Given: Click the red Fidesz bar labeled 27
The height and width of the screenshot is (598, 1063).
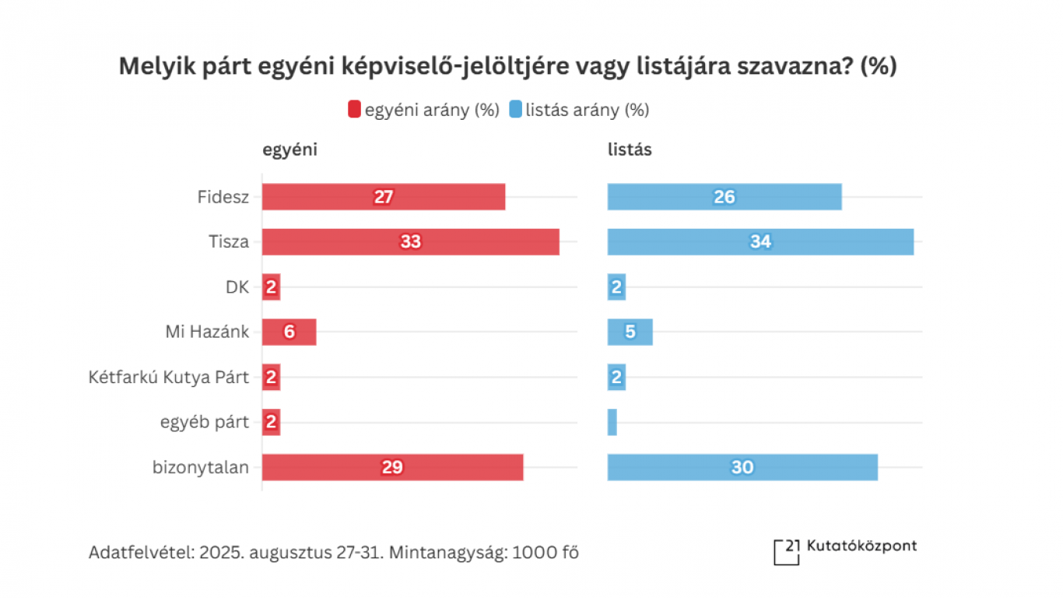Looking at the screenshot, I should tap(383, 197).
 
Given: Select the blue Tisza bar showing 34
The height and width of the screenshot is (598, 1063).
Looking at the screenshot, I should tap(760, 242).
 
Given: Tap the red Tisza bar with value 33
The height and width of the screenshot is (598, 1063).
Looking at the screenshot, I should tap(410, 242).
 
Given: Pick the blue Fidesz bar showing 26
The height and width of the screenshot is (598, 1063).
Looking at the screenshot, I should tap(724, 197).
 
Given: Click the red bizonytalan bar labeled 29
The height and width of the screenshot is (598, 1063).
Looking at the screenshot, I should tap(392, 467).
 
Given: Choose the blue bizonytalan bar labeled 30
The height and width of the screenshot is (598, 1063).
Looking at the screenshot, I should tap(742, 467).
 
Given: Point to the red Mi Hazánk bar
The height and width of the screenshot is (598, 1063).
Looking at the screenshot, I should tap(289, 332).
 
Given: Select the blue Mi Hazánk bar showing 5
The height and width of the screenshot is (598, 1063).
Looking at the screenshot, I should tap(630, 332).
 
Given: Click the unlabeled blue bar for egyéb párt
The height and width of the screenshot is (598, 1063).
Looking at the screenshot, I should tap(612, 422).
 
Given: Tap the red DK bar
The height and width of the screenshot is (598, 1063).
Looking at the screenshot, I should tap(271, 287).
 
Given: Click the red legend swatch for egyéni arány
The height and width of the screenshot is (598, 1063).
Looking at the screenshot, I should tap(354, 110).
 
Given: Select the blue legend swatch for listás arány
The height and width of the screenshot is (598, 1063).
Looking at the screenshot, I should tap(515, 110).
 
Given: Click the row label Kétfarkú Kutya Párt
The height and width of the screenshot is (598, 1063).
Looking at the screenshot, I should tap(169, 378).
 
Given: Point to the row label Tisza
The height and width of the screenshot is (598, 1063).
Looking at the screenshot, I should tap(229, 242).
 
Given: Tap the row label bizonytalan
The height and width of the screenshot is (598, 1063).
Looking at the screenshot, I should tap(201, 467).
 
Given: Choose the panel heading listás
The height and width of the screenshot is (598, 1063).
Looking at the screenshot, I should tap(630, 150).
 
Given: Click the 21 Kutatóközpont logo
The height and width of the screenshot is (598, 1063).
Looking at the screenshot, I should tap(845, 550).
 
